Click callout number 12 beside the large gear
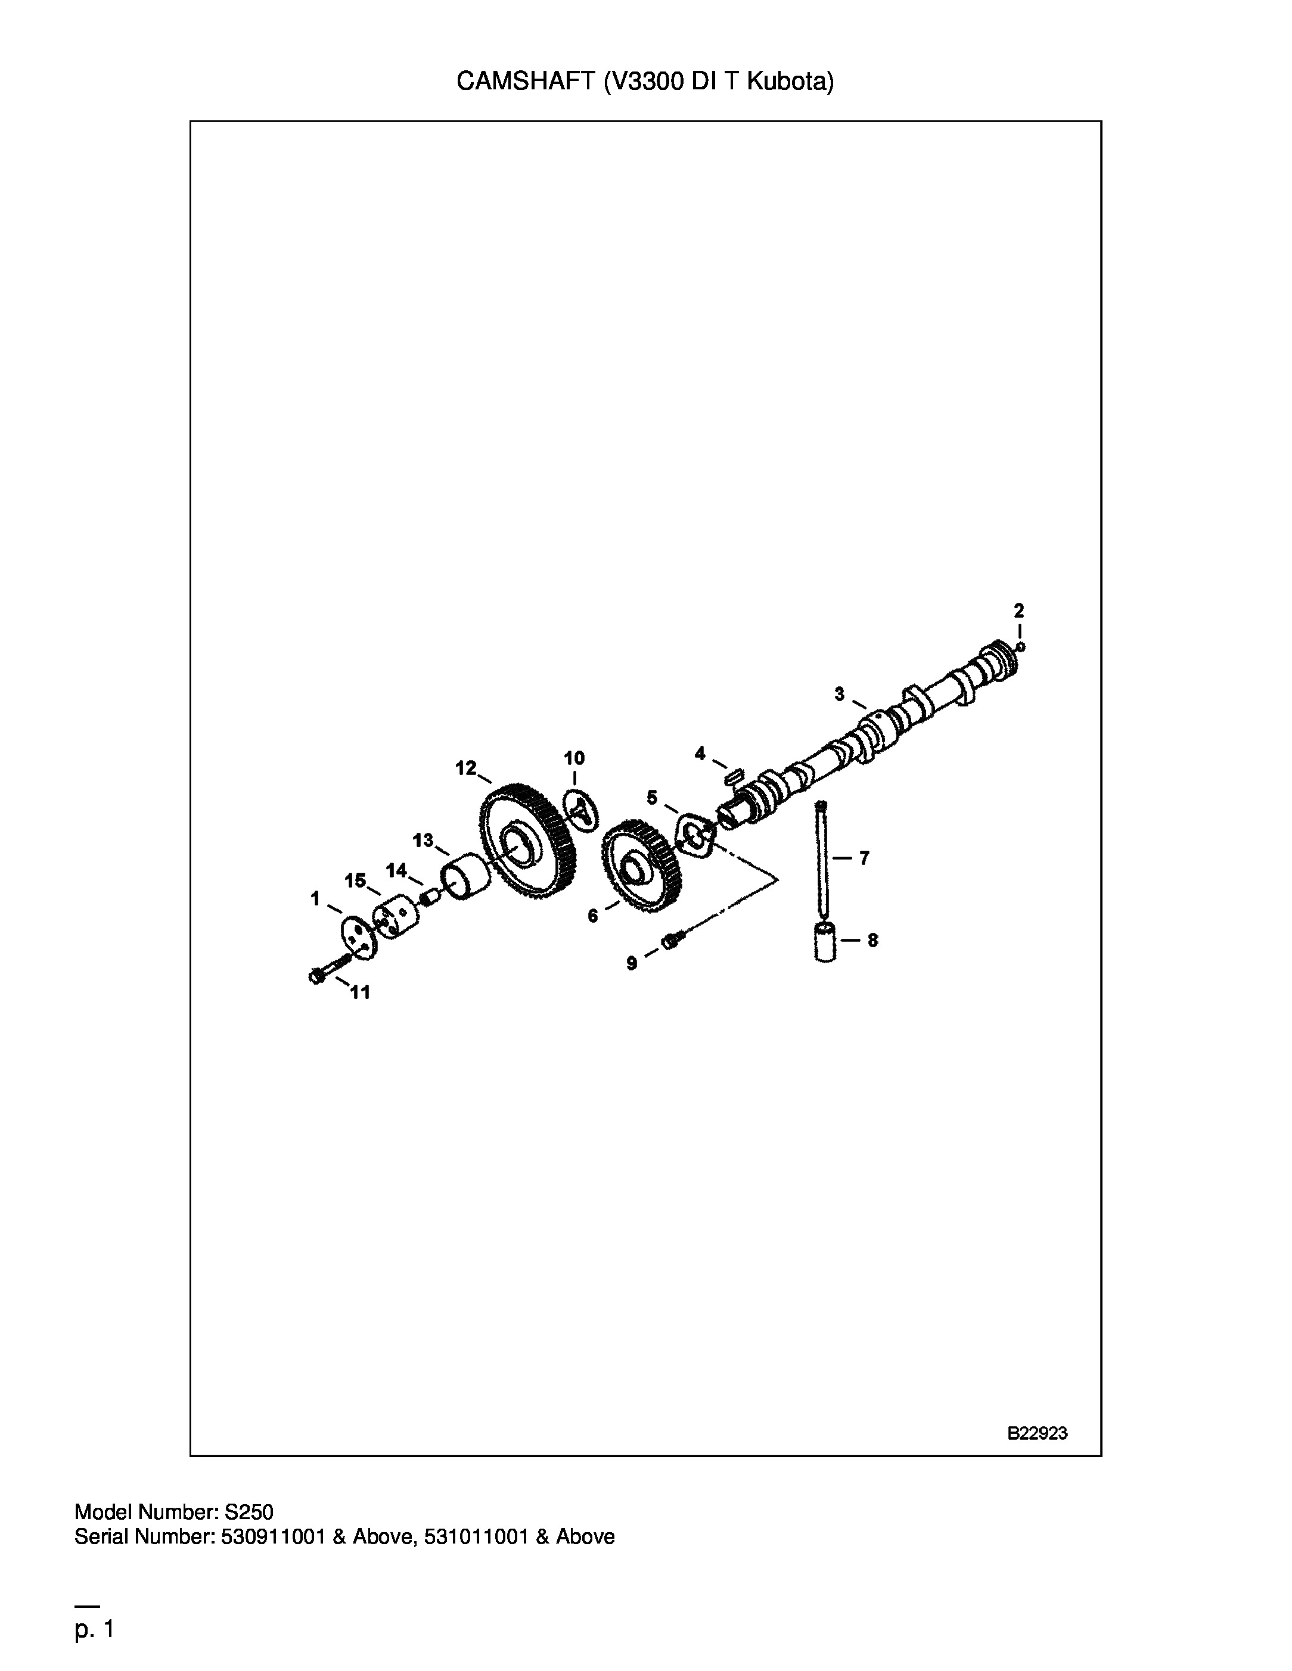(x=465, y=767)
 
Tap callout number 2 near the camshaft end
(x=1018, y=610)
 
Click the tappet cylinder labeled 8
(x=825, y=942)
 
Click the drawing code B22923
(x=1037, y=1433)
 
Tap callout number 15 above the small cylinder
(x=355, y=880)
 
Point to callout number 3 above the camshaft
(x=840, y=693)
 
